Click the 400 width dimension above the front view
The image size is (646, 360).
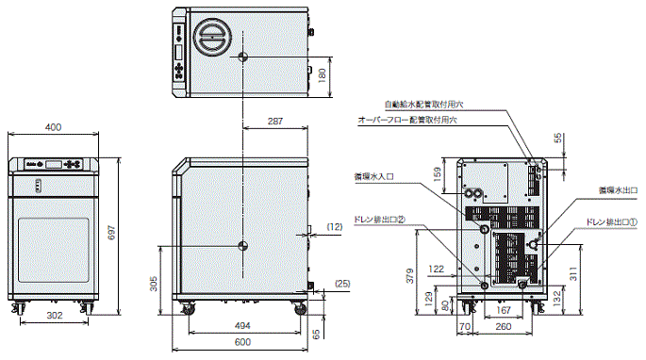(x=54, y=127)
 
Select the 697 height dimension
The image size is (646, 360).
(x=111, y=235)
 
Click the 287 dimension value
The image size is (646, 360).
(x=275, y=123)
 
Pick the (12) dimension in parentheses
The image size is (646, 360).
(x=335, y=227)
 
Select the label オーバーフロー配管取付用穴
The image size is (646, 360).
(x=406, y=121)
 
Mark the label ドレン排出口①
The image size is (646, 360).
(x=612, y=222)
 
